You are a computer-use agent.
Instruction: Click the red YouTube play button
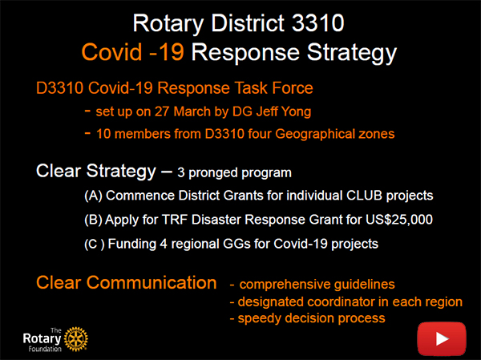(442, 338)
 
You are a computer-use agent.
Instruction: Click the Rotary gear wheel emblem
(76, 339)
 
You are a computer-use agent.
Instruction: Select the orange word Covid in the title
(111, 52)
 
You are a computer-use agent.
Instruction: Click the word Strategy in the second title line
(352, 54)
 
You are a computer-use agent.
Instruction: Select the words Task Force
(274, 88)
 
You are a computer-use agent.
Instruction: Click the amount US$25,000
(398, 220)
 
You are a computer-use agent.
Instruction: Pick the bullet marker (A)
(93, 196)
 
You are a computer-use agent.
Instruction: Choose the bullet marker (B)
(93, 220)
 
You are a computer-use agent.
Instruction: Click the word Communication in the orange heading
(152, 282)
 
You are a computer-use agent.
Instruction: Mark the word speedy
(260, 318)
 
